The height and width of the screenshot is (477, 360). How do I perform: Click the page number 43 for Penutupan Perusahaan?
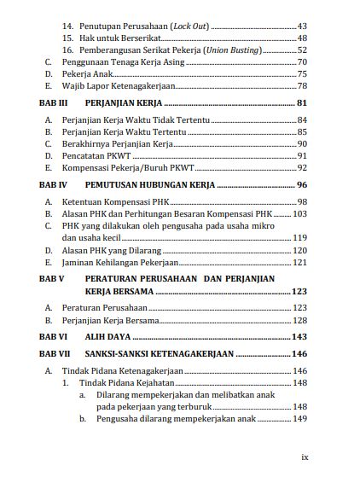[302, 26]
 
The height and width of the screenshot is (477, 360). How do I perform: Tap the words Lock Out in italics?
[189, 26]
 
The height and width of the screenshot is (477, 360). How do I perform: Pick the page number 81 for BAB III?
[302, 102]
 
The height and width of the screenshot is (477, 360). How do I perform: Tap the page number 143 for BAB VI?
[299, 337]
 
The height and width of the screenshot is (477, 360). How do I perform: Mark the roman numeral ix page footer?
[305, 457]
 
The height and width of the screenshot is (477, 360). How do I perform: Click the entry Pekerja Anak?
[86, 74]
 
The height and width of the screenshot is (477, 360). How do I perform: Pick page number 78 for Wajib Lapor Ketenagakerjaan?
[302, 86]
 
